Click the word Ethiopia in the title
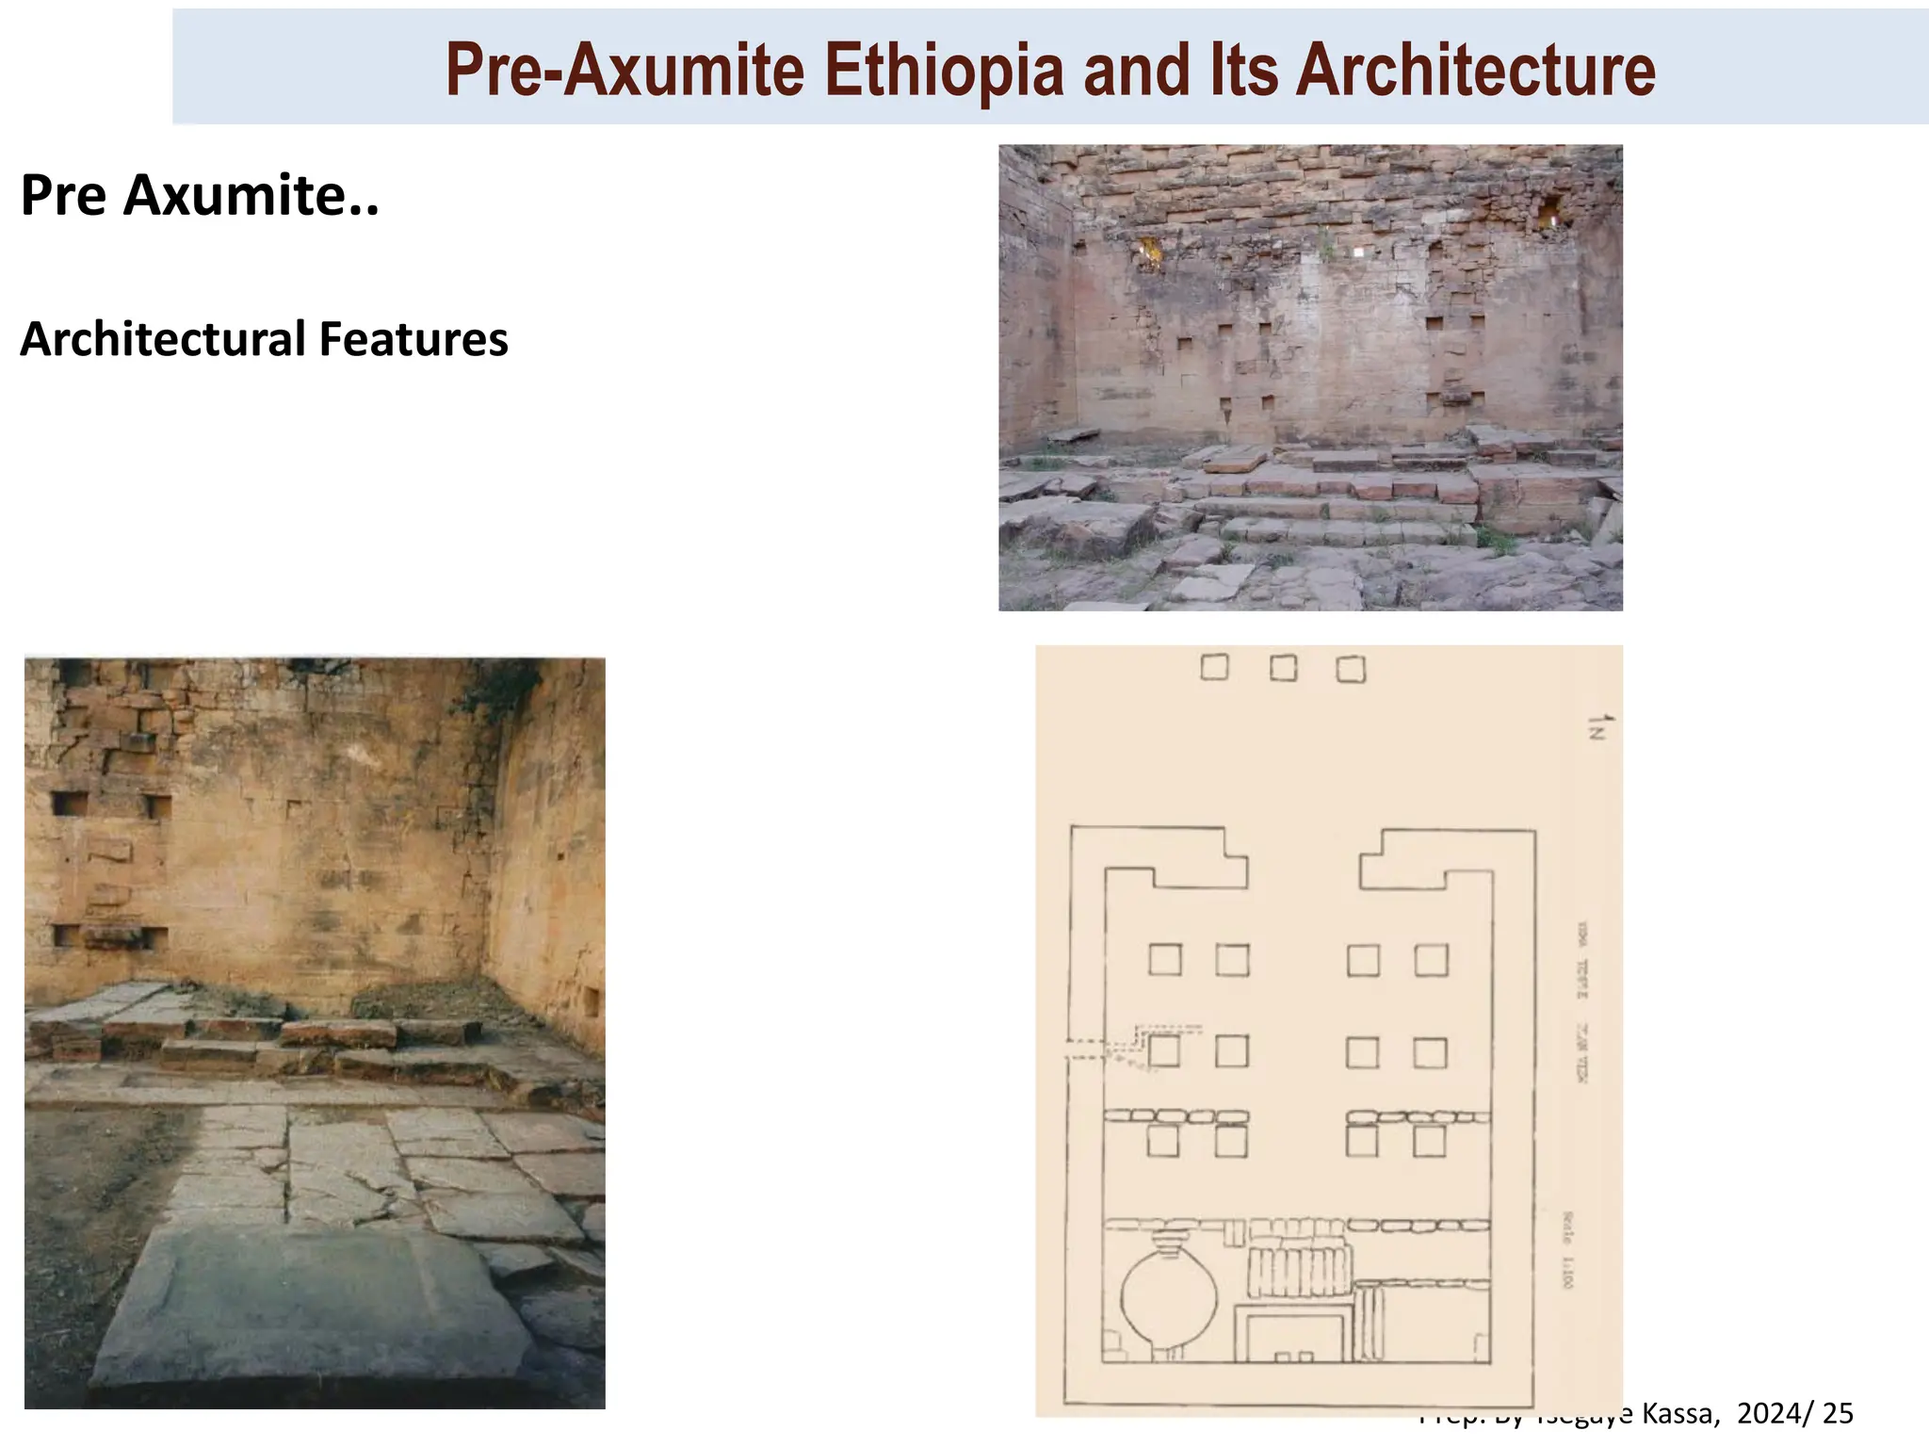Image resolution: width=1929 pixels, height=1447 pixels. [943, 71]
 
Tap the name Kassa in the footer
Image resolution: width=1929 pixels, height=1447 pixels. [1678, 1413]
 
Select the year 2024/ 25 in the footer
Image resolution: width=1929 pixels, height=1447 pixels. [1795, 1413]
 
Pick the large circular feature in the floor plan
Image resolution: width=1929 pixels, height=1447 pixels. [1169, 1300]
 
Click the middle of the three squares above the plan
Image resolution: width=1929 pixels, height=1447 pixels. [1283, 668]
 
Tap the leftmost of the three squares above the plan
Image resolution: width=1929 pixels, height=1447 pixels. [1215, 667]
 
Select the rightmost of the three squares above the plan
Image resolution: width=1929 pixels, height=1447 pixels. [1351, 669]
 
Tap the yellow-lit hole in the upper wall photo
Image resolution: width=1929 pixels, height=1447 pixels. [1150, 251]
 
